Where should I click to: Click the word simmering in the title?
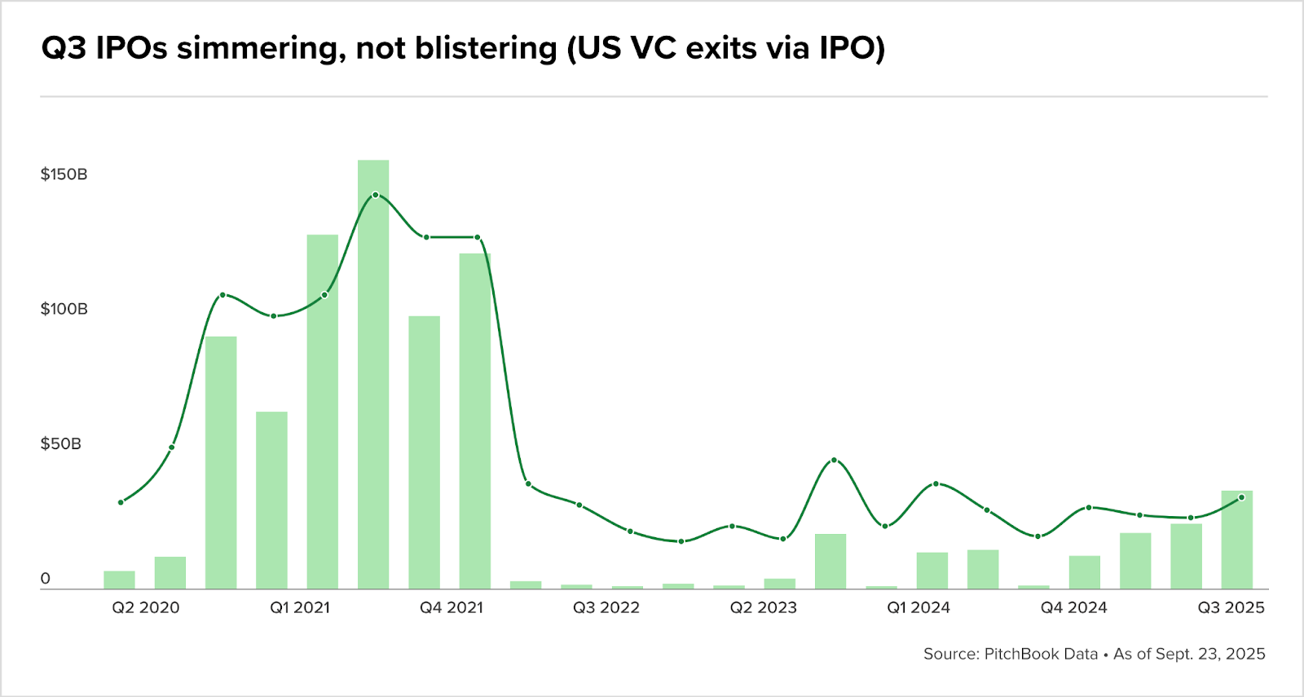tap(256, 49)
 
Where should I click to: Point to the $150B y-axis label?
tap(64, 174)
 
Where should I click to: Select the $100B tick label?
tap(64, 309)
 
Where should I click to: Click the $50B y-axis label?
tap(61, 444)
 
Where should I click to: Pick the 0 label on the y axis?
tap(46, 579)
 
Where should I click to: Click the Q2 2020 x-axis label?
tap(146, 608)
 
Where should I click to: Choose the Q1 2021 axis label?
tap(300, 608)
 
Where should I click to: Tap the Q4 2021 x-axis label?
tap(452, 608)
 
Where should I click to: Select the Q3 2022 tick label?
tap(606, 608)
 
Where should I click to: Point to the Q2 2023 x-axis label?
tap(763, 608)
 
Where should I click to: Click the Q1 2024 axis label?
tap(919, 608)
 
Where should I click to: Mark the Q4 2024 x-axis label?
tap(1073, 608)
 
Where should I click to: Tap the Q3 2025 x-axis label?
tap(1231, 608)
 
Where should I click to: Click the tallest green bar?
tap(373, 375)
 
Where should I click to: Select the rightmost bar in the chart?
tap(1236, 540)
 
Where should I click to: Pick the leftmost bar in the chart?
tap(119, 580)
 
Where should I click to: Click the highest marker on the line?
tap(375, 195)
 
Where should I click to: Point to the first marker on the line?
tap(121, 502)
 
